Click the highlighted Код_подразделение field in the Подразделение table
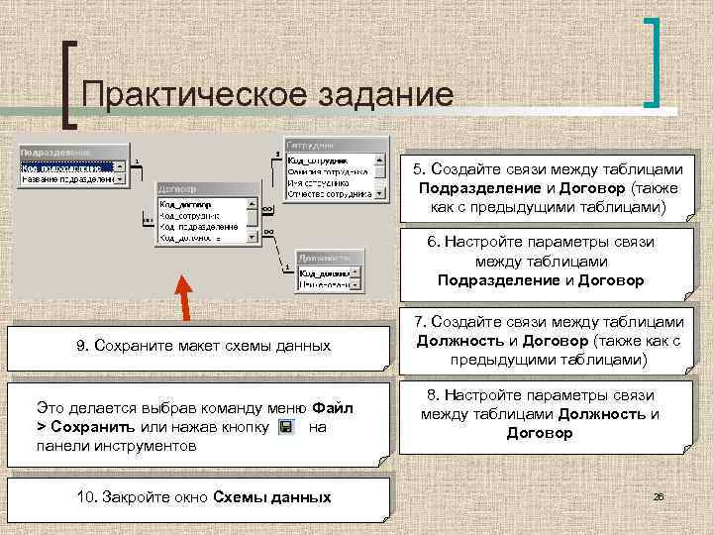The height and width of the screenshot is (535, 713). (65, 166)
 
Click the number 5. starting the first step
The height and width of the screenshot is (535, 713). (420, 169)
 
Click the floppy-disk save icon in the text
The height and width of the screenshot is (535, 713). (285, 427)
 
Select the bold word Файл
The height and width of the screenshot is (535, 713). (333, 407)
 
